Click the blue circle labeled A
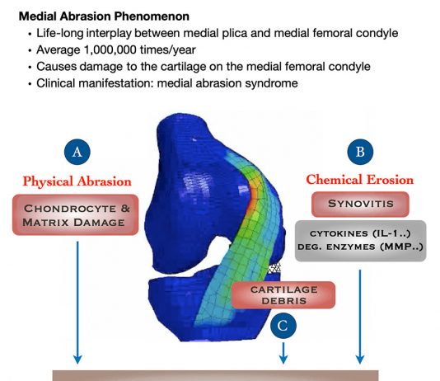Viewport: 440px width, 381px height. (x=77, y=152)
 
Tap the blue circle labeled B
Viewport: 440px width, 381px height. (x=360, y=152)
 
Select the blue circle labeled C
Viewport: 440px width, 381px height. (x=283, y=326)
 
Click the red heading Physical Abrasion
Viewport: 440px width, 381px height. (x=77, y=181)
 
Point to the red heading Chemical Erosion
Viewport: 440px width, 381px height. (x=360, y=180)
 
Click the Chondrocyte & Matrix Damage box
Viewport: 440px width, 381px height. (x=76, y=214)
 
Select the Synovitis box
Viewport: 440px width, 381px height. (x=360, y=205)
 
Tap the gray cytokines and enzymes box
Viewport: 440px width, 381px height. (x=361, y=241)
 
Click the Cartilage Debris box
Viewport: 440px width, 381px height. (x=283, y=295)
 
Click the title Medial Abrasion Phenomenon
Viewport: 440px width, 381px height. (x=104, y=16)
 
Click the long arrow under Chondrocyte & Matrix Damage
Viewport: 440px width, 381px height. (x=77, y=303)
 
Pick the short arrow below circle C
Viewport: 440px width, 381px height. (x=283, y=353)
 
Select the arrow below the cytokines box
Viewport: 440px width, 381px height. (x=360, y=317)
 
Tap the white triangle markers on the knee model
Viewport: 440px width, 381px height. (x=274, y=268)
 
